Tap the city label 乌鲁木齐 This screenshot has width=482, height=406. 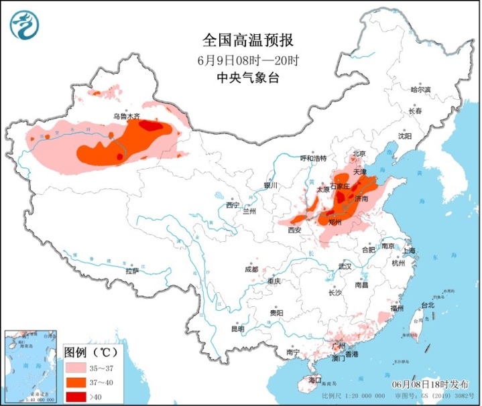click(x=127, y=116)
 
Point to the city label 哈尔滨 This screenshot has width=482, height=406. click(x=420, y=89)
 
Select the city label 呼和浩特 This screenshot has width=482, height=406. click(x=312, y=158)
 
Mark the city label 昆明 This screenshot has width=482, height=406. click(x=238, y=329)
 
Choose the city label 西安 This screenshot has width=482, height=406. click(x=296, y=230)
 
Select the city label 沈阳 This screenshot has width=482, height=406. click(x=404, y=136)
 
